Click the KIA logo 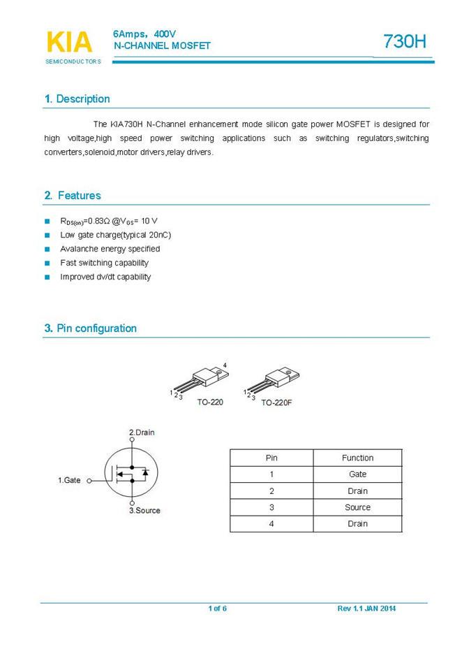pos(68,43)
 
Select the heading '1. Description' pos(77,99)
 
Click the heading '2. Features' pos(72,196)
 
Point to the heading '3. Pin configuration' pos(90,328)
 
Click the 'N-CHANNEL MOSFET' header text pos(162,45)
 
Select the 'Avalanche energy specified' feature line pos(110,249)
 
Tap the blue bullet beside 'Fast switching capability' pos(47,263)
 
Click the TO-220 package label pos(210,402)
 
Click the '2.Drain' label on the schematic pos(142,433)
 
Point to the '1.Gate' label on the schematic pos(69,480)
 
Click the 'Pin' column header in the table pos(271,458)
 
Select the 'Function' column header pos(357,458)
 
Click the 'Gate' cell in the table pos(357,474)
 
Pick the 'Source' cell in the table pos(357,507)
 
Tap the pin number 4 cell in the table pos(271,523)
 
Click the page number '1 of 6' pos(217,609)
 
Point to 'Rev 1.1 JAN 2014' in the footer pos(366,609)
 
